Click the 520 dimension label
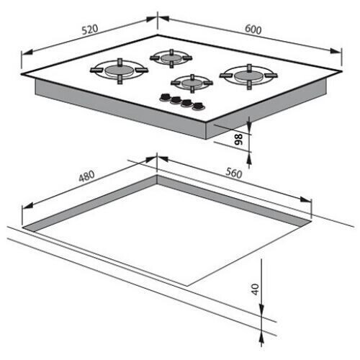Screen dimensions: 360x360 coord(90,30)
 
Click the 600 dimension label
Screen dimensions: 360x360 coord(253,30)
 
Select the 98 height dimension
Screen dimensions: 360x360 coord(238,140)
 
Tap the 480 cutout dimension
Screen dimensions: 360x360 coord(86,176)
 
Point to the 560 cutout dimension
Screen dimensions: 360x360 coord(234,173)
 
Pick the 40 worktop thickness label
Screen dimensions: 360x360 coord(255,289)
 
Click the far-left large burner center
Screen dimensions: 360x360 coord(120,71)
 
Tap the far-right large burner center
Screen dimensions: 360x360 coord(248,76)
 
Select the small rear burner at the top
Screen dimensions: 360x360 coord(171,58)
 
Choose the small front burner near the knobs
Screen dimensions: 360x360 coord(192,83)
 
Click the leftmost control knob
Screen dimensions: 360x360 coord(165,97)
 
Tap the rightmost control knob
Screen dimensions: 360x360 coord(199,107)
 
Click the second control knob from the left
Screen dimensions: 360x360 coord(176,100)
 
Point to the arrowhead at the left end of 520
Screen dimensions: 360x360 coord(27,53)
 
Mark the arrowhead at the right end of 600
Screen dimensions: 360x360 coord(336,51)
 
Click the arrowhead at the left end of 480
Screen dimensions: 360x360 coord(27,206)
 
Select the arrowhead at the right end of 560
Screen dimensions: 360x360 coord(306,199)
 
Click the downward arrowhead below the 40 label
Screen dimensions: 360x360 coord(261,310)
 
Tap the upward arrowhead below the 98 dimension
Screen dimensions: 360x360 coord(249,158)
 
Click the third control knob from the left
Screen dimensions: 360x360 coord(187,104)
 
